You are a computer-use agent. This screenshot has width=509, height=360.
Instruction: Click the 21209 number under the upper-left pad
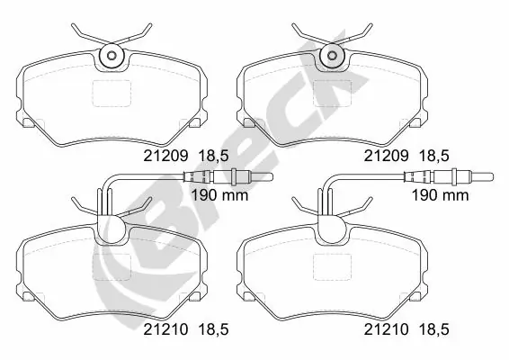click(165, 156)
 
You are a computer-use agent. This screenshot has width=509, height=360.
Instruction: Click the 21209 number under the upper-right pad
click(386, 156)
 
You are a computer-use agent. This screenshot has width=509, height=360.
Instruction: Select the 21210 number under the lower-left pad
click(165, 329)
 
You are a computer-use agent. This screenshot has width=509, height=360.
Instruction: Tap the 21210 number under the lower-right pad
click(386, 329)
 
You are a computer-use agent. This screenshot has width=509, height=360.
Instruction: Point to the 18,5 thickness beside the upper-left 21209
click(213, 157)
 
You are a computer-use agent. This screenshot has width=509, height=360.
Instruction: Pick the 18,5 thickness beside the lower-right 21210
click(434, 330)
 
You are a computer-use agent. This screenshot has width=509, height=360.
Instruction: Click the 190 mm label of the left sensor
click(219, 195)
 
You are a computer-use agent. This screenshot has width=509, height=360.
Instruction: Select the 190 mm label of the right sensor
click(440, 195)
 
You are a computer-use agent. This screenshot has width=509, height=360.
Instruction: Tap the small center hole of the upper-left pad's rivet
click(112, 56)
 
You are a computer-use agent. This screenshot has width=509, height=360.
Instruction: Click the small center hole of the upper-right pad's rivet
click(332, 56)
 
